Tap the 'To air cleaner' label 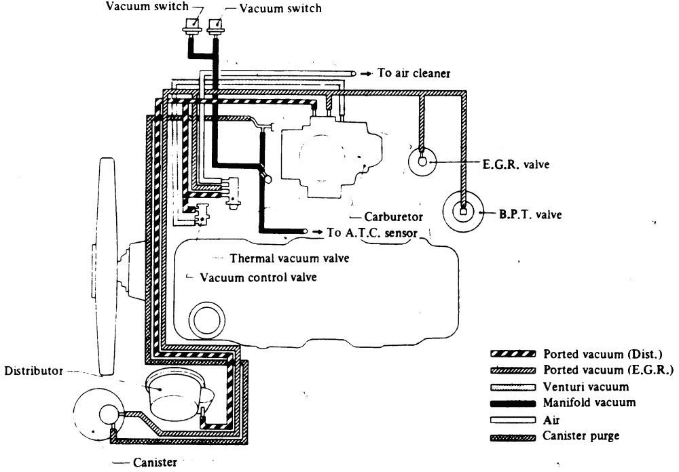click(414, 73)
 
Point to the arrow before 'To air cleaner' click(367, 73)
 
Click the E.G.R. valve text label click(516, 164)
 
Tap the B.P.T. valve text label click(530, 214)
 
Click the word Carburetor click(393, 216)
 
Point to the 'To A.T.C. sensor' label click(372, 233)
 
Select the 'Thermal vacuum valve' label click(289, 258)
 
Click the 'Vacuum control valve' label click(258, 277)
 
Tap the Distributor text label click(34, 371)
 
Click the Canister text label click(155, 462)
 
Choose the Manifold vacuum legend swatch click(513, 404)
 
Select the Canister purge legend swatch click(513, 437)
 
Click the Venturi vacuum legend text click(586, 387)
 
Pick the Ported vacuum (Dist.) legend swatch click(513, 354)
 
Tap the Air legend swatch click(513, 420)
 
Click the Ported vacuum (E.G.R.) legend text click(608, 370)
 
